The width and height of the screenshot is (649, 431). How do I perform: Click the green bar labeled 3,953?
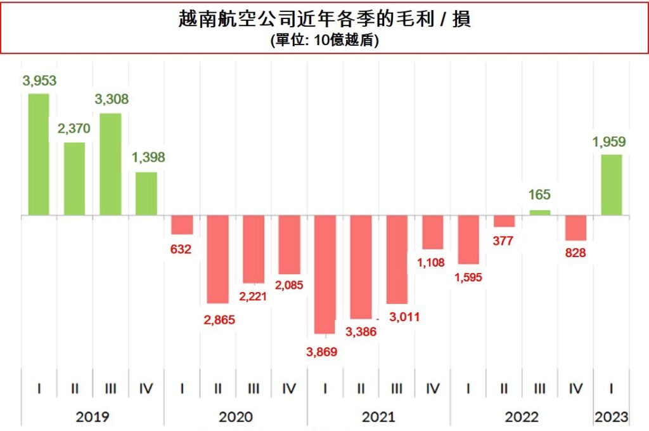pyautogui.click(x=39, y=154)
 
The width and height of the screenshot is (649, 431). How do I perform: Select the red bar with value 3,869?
pyautogui.click(x=324, y=274)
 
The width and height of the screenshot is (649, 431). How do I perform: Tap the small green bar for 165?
pyautogui.click(x=540, y=213)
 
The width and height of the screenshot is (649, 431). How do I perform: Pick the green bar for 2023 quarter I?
pyautogui.click(x=612, y=185)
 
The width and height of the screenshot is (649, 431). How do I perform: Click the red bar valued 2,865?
pyautogui.click(x=217, y=259)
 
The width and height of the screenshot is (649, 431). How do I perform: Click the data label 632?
pyautogui.click(x=181, y=249)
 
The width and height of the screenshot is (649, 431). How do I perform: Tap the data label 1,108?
pyautogui.click(x=431, y=262)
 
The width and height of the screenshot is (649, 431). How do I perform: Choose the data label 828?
pyautogui.click(x=575, y=253)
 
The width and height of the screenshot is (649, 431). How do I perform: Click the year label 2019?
pyautogui.click(x=93, y=417)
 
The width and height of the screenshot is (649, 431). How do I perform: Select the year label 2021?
pyautogui.click(x=378, y=417)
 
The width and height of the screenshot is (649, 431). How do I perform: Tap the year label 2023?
pyautogui.click(x=612, y=417)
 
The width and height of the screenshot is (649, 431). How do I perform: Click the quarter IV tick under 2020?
pyautogui.click(x=289, y=388)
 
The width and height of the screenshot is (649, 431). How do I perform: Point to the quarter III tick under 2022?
pyautogui.click(x=540, y=388)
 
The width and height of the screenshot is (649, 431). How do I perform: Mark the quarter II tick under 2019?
pyautogui.click(x=75, y=388)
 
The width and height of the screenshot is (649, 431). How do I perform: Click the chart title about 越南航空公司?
pyautogui.click(x=324, y=20)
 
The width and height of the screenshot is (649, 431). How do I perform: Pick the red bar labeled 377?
pyautogui.click(x=504, y=221)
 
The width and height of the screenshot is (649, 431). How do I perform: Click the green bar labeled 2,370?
pyautogui.click(x=74, y=178)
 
